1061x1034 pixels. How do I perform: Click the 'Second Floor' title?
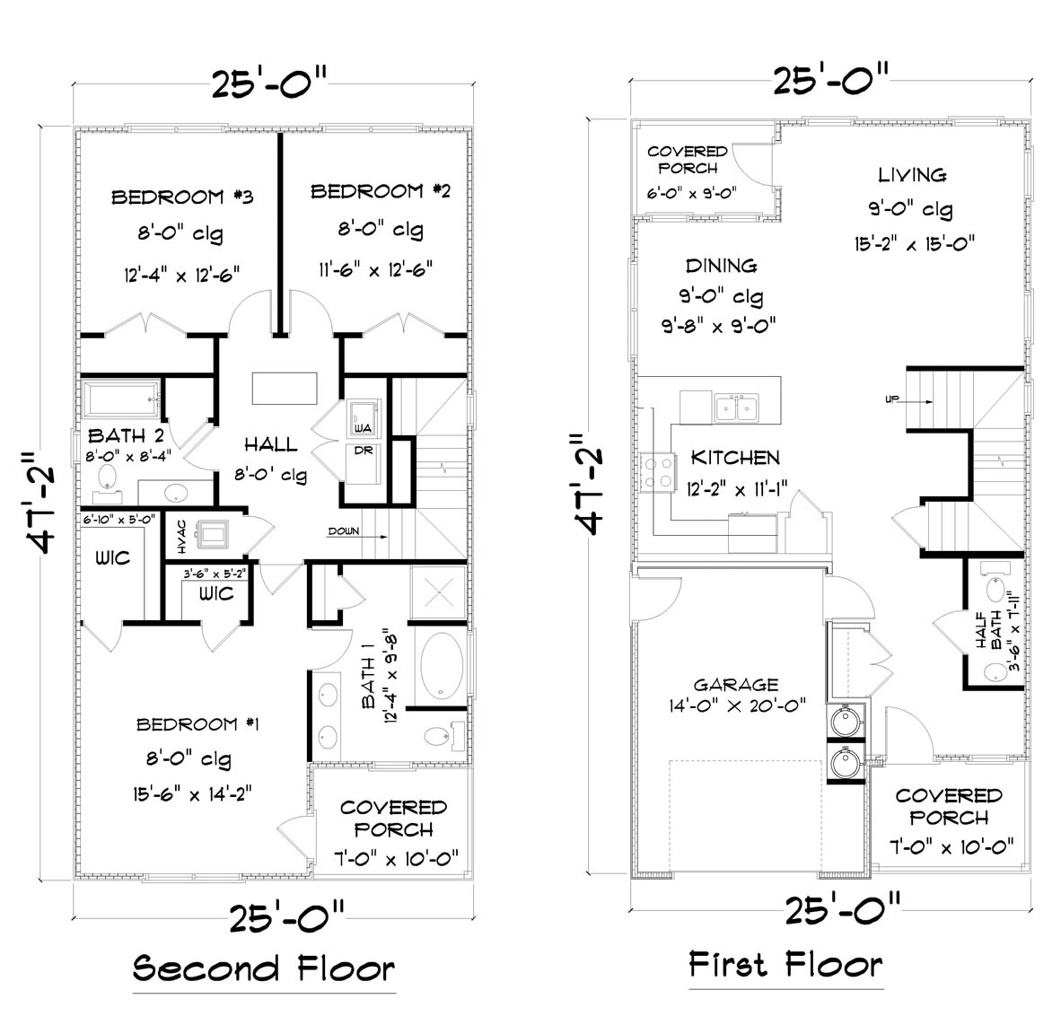point(263,969)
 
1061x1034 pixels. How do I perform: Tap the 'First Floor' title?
point(785,965)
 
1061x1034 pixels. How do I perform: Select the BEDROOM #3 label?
point(182,197)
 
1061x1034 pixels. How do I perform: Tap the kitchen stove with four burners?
point(658,472)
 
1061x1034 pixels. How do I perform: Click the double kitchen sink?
point(738,407)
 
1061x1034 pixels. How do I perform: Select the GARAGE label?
point(735,685)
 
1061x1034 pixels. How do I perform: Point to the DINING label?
point(721,266)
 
